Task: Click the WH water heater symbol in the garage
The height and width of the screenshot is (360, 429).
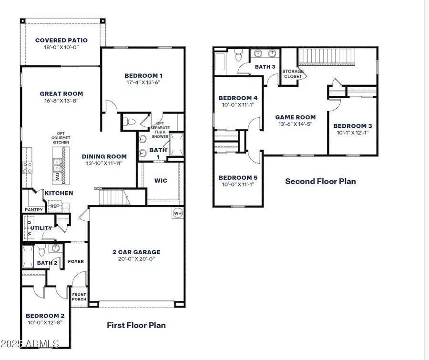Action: pos(177,213)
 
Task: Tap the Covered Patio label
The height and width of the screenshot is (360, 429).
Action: pos(60,40)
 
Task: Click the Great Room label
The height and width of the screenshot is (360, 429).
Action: pos(61,94)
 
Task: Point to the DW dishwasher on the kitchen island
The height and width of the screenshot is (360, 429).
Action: pos(58,177)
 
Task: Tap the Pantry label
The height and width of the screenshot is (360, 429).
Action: pos(33,210)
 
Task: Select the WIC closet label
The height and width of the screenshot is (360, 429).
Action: pos(160,181)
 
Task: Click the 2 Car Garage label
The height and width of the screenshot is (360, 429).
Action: pos(136,252)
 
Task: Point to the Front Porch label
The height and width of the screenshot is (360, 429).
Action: pos(79,298)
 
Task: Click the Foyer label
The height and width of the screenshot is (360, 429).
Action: pos(76,261)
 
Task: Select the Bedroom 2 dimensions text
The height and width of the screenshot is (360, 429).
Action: pos(45,322)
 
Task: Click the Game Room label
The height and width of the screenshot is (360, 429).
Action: pos(296,117)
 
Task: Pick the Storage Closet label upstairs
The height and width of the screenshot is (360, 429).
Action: pos(293,74)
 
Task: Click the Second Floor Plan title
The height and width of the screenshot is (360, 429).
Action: pos(320,181)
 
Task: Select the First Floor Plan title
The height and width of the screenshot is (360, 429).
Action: pos(136,325)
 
